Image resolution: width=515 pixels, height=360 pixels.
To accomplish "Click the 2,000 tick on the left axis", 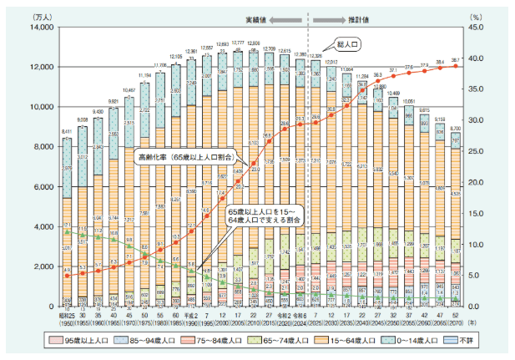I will tap(41, 266).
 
